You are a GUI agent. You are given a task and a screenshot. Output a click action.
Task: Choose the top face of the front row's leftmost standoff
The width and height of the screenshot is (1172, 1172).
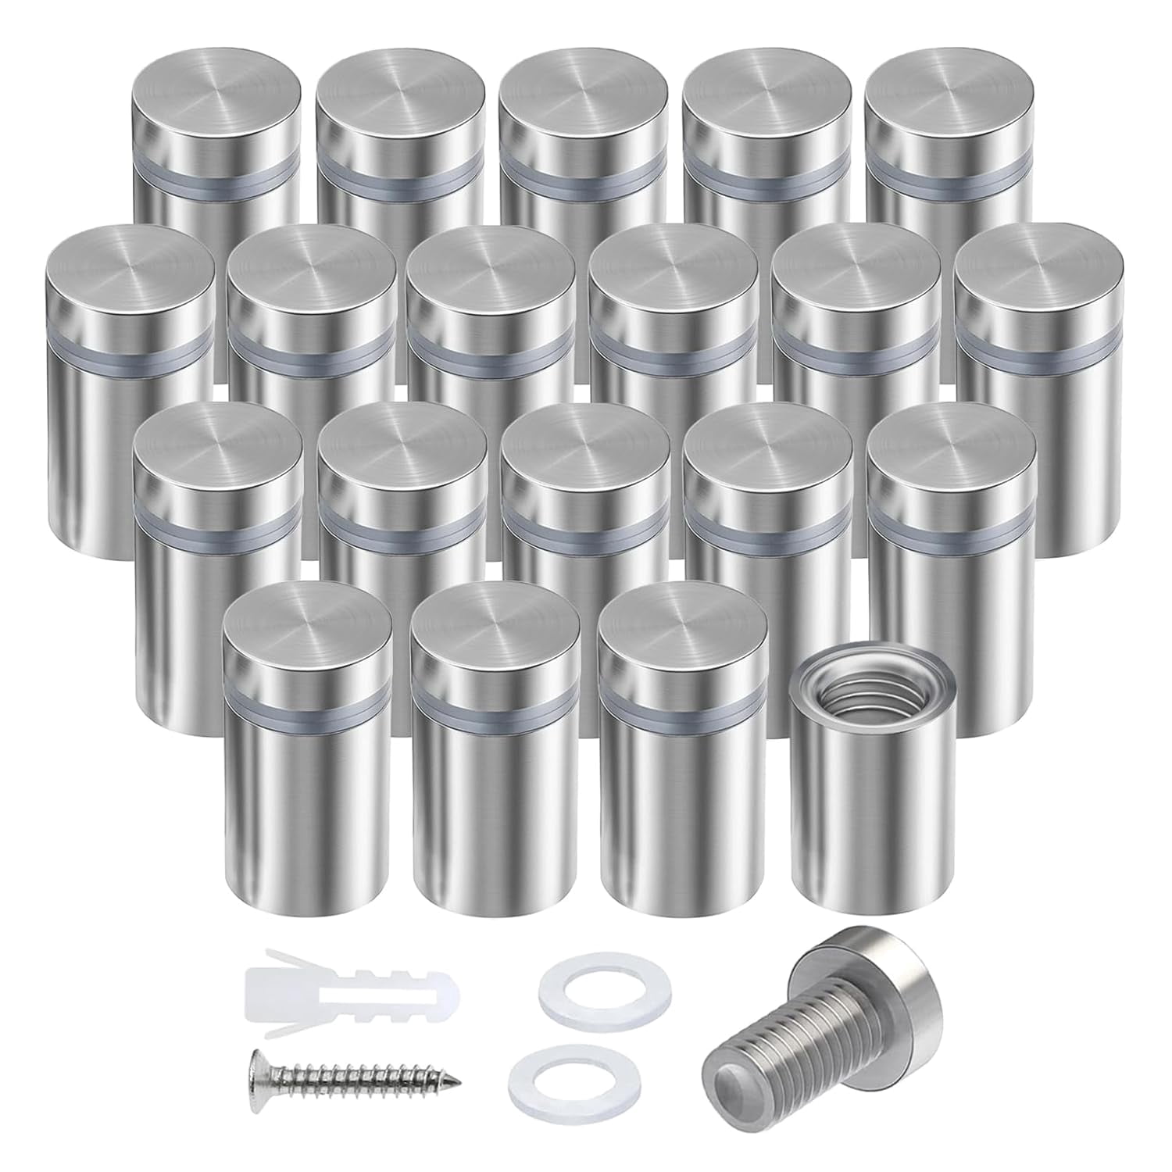(307, 629)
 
